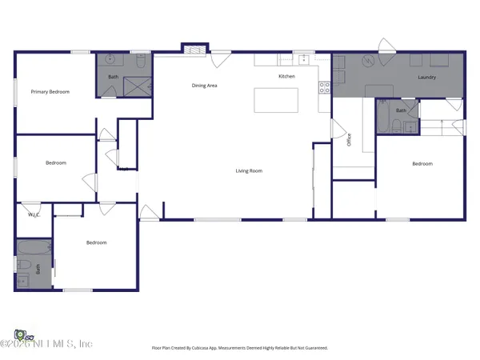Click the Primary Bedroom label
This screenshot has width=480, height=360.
50,92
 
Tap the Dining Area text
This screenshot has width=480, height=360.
204,85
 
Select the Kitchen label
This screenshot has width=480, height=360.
286,77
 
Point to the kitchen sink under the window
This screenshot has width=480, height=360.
304,59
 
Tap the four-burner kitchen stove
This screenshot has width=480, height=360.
324,88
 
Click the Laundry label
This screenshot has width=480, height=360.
426,78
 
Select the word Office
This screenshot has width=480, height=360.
349,140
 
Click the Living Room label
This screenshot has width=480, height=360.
249,170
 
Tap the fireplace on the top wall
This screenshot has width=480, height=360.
192,49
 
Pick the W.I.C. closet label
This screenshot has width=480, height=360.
34,214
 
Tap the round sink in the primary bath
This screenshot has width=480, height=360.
110,61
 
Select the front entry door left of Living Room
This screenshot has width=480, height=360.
148,212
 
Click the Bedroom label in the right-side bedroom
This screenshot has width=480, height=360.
422,164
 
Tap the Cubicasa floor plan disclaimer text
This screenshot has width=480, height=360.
239,348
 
